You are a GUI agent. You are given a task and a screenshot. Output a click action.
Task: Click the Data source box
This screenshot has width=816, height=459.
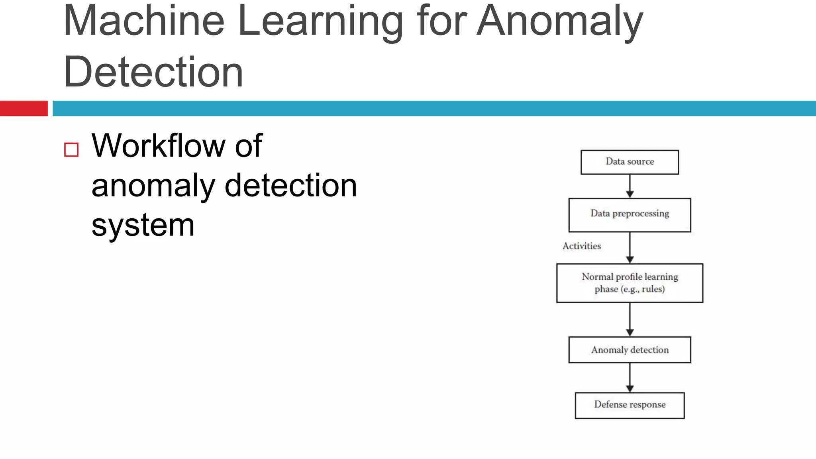tap(630, 162)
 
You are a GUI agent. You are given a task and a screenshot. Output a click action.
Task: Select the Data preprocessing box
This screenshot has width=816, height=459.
tap(630, 215)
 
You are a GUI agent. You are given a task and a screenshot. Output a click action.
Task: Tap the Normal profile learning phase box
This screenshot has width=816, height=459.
tap(630, 283)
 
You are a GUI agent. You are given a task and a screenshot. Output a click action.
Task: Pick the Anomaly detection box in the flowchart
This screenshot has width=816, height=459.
tap(630, 350)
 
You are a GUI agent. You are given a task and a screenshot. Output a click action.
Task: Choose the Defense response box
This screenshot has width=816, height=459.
tap(630, 405)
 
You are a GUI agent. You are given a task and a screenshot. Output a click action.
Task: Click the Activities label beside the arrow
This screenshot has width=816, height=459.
tap(581, 246)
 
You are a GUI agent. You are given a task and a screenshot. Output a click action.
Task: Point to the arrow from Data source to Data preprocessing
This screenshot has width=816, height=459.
tap(630, 186)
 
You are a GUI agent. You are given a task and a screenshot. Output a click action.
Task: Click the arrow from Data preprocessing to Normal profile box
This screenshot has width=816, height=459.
tap(630, 247)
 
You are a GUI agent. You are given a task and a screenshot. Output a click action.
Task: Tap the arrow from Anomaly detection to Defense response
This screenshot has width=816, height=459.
tap(630, 377)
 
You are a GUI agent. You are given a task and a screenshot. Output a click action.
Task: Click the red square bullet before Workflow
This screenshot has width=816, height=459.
tap(71, 150)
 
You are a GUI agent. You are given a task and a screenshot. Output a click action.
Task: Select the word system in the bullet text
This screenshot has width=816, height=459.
tap(143, 226)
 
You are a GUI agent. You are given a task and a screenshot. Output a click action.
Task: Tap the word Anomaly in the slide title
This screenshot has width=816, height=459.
tap(560, 22)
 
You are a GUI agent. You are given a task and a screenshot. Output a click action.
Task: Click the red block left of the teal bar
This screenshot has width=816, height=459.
tap(24, 108)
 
